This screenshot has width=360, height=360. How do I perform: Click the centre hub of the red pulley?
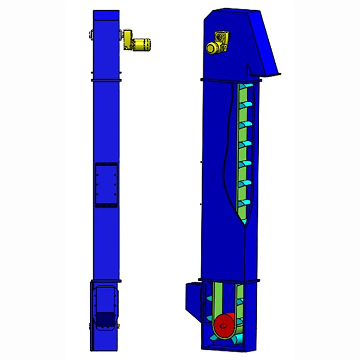[x=223, y=328]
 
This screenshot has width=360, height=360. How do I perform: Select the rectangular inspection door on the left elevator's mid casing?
[x=106, y=185]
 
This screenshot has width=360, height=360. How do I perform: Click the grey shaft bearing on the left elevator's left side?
[x=90, y=35]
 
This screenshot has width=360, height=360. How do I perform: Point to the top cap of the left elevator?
[x=106, y=14]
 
